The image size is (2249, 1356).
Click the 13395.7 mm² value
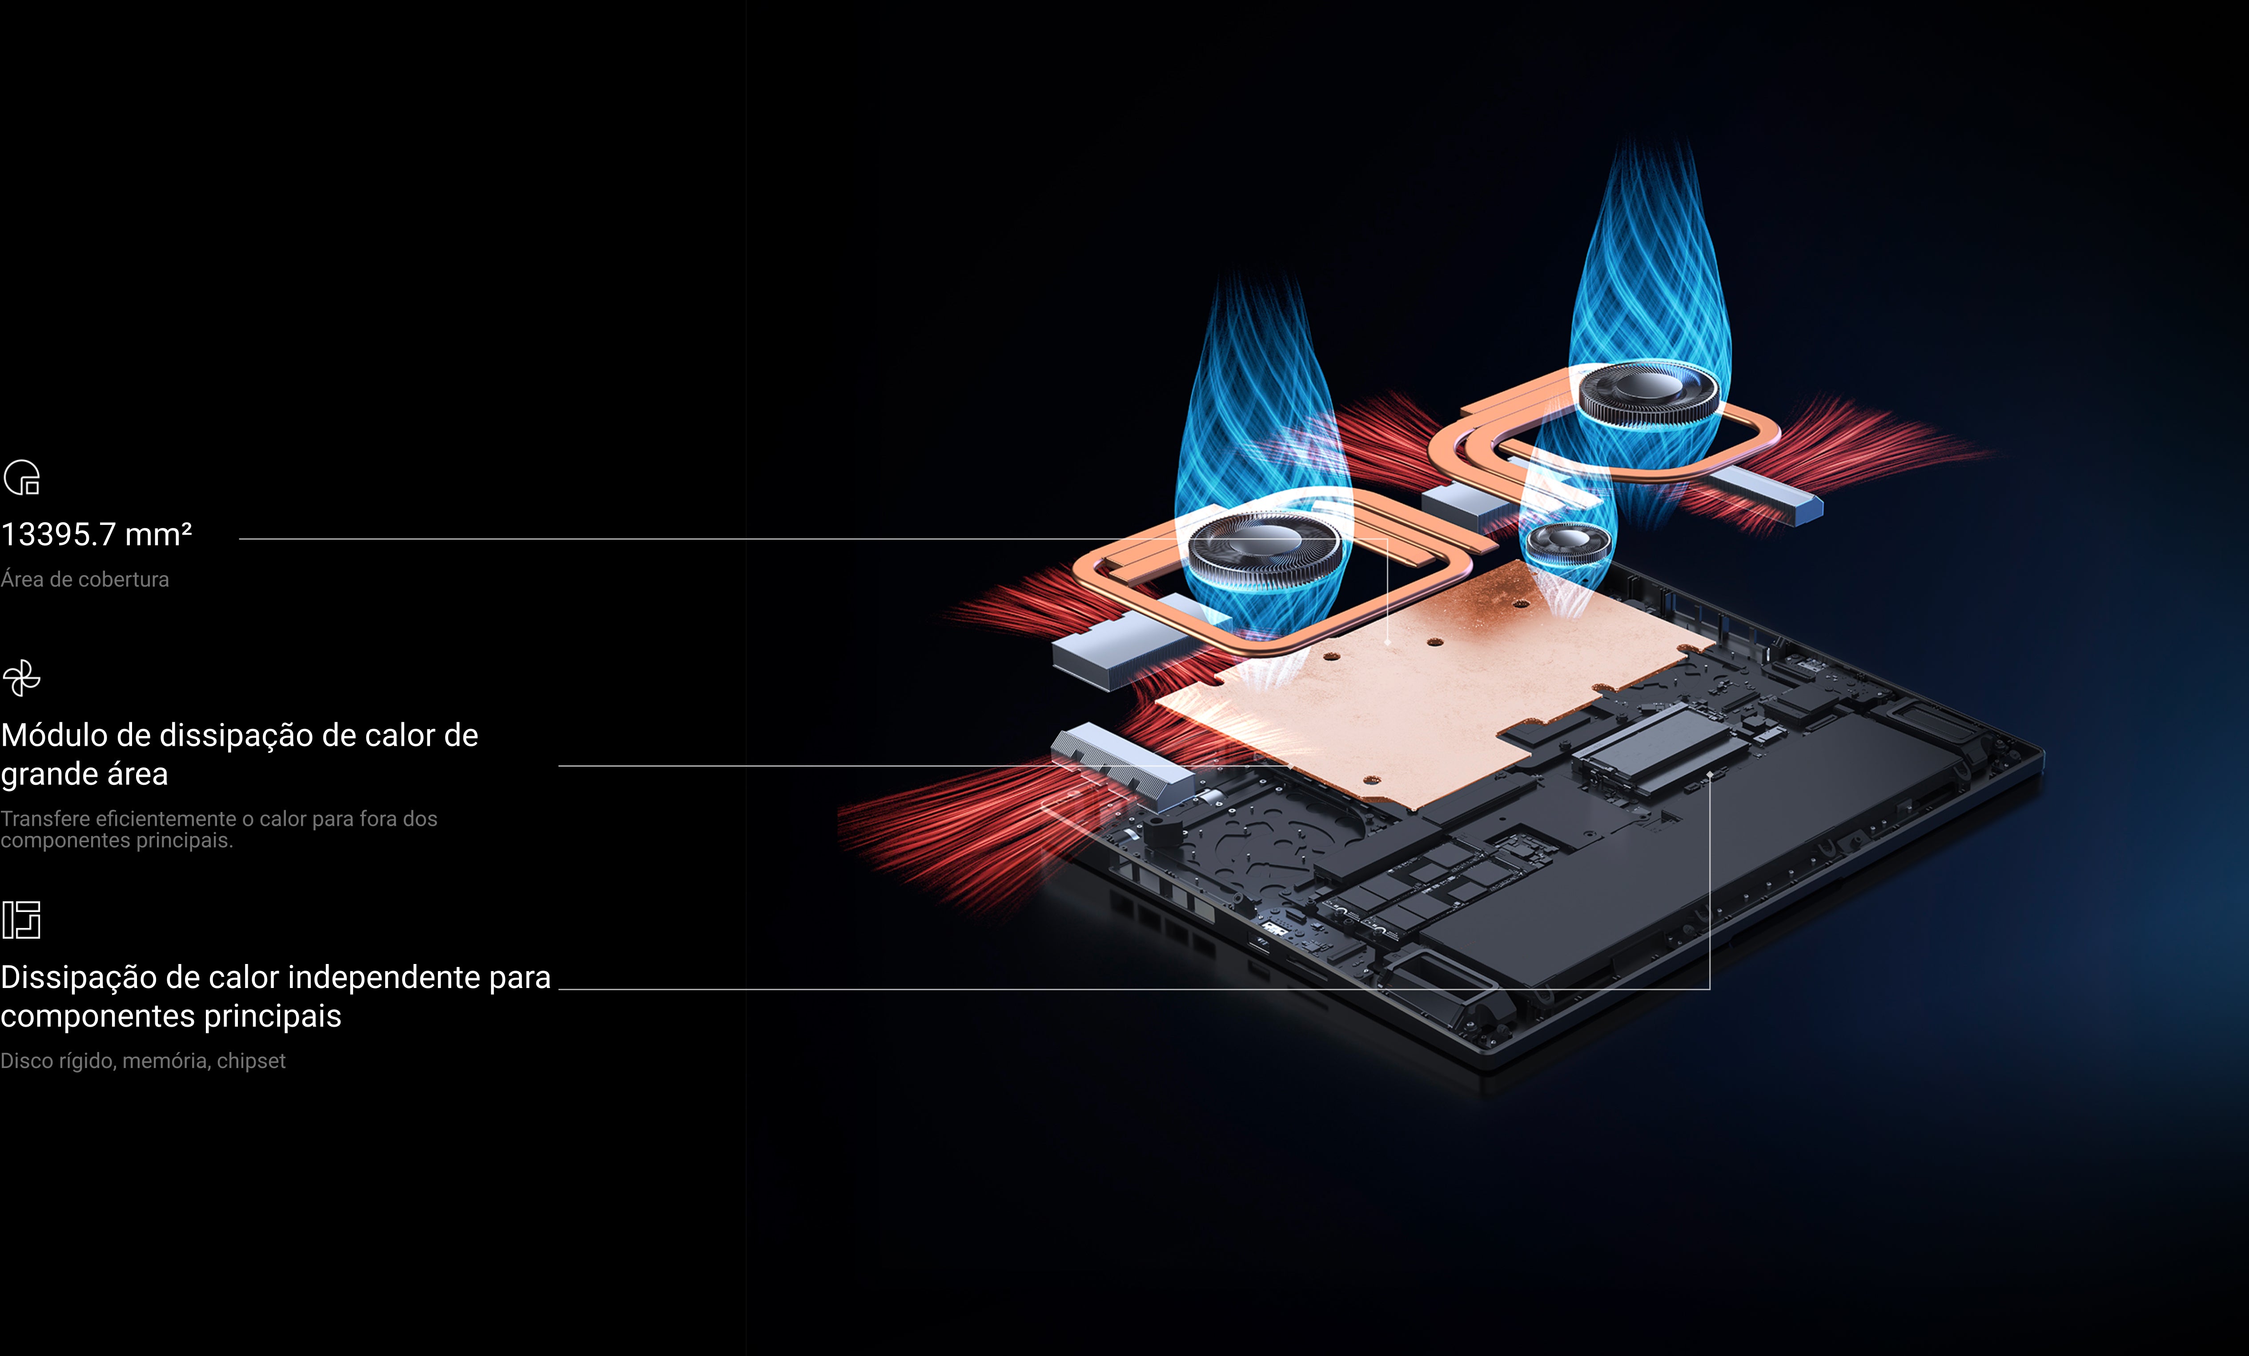[96, 535]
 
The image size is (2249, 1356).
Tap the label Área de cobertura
[85, 580]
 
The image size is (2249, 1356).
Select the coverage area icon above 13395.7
[22, 477]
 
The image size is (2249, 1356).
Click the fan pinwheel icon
[22, 678]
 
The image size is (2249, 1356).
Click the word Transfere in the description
[45, 819]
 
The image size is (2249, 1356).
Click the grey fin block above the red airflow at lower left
[1123, 767]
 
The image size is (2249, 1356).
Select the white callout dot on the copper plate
[1387, 641]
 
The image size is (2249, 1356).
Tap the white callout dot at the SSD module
[1710, 775]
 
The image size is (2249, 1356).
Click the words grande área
[84, 774]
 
